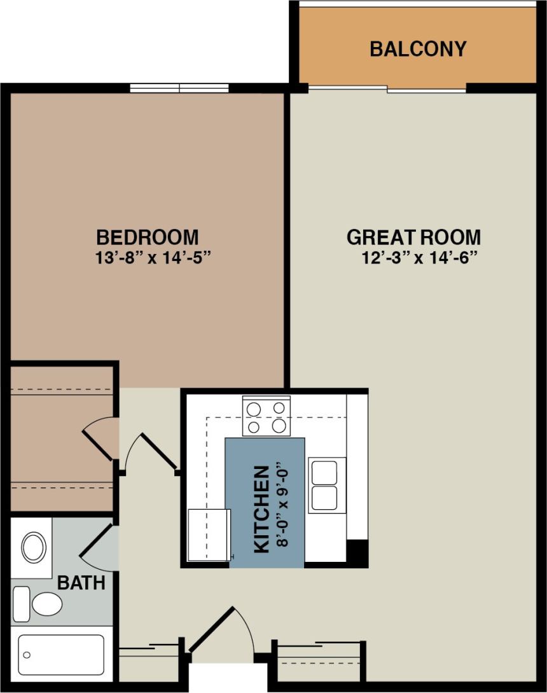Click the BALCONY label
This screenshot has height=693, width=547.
pos(418,49)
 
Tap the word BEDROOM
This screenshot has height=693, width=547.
pos(147,237)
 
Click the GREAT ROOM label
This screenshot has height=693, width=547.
pos(413,237)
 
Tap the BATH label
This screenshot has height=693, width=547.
pos(81,582)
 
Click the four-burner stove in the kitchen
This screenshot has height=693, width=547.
pos(266,416)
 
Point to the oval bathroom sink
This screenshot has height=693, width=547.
pos(33,547)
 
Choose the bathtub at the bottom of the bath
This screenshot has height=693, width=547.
pos(61,654)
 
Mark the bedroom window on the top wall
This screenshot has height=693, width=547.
pos(179,88)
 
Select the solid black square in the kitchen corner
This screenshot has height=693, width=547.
pos(357,552)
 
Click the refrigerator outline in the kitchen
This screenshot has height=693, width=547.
pos(209,535)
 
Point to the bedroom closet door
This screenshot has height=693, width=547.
pos(100,438)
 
